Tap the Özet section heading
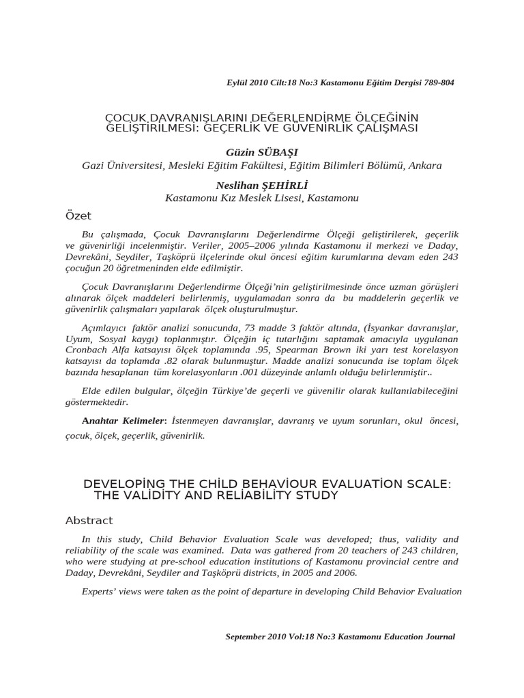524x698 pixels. [x=78, y=215]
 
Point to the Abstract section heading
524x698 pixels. [x=89, y=520]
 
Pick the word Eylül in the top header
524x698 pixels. [x=237, y=82]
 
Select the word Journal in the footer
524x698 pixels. [x=437, y=636]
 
